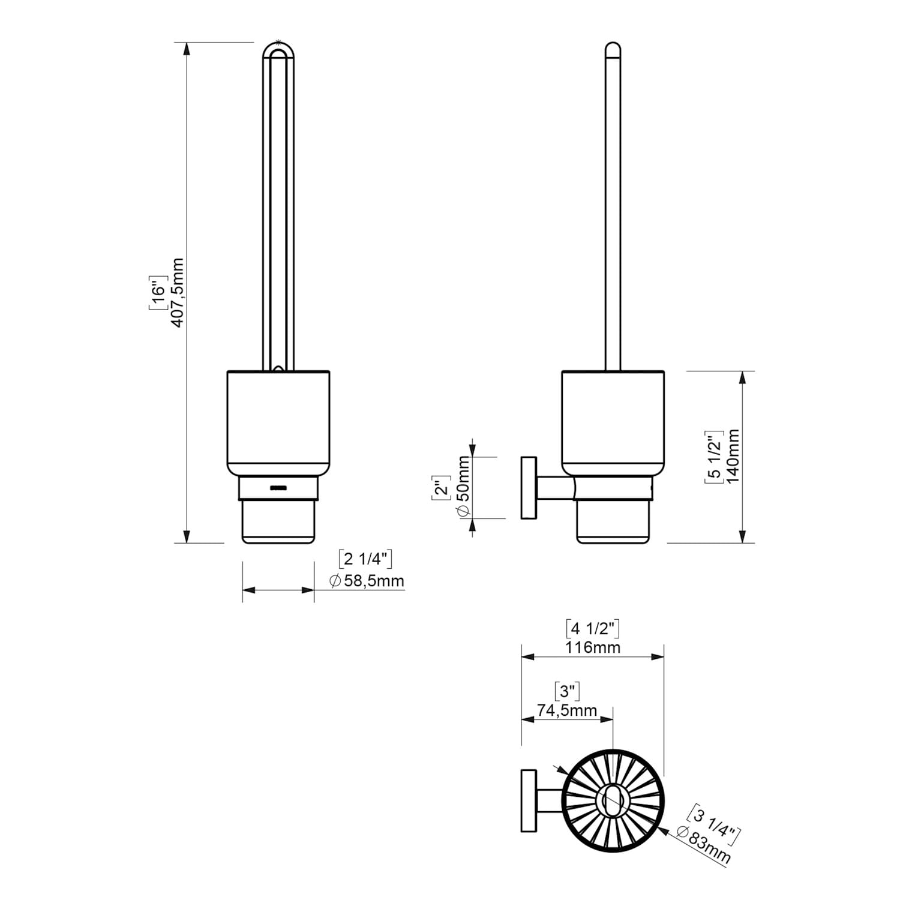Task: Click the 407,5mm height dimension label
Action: click(x=177, y=292)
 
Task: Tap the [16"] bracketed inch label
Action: click(x=157, y=293)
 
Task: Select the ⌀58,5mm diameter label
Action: click(x=367, y=581)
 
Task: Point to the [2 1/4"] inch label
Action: click(x=365, y=559)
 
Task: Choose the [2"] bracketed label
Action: click(x=442, y=487)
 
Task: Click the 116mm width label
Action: click(x=593, y=647)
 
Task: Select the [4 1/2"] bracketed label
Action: click(x=593, y=628)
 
